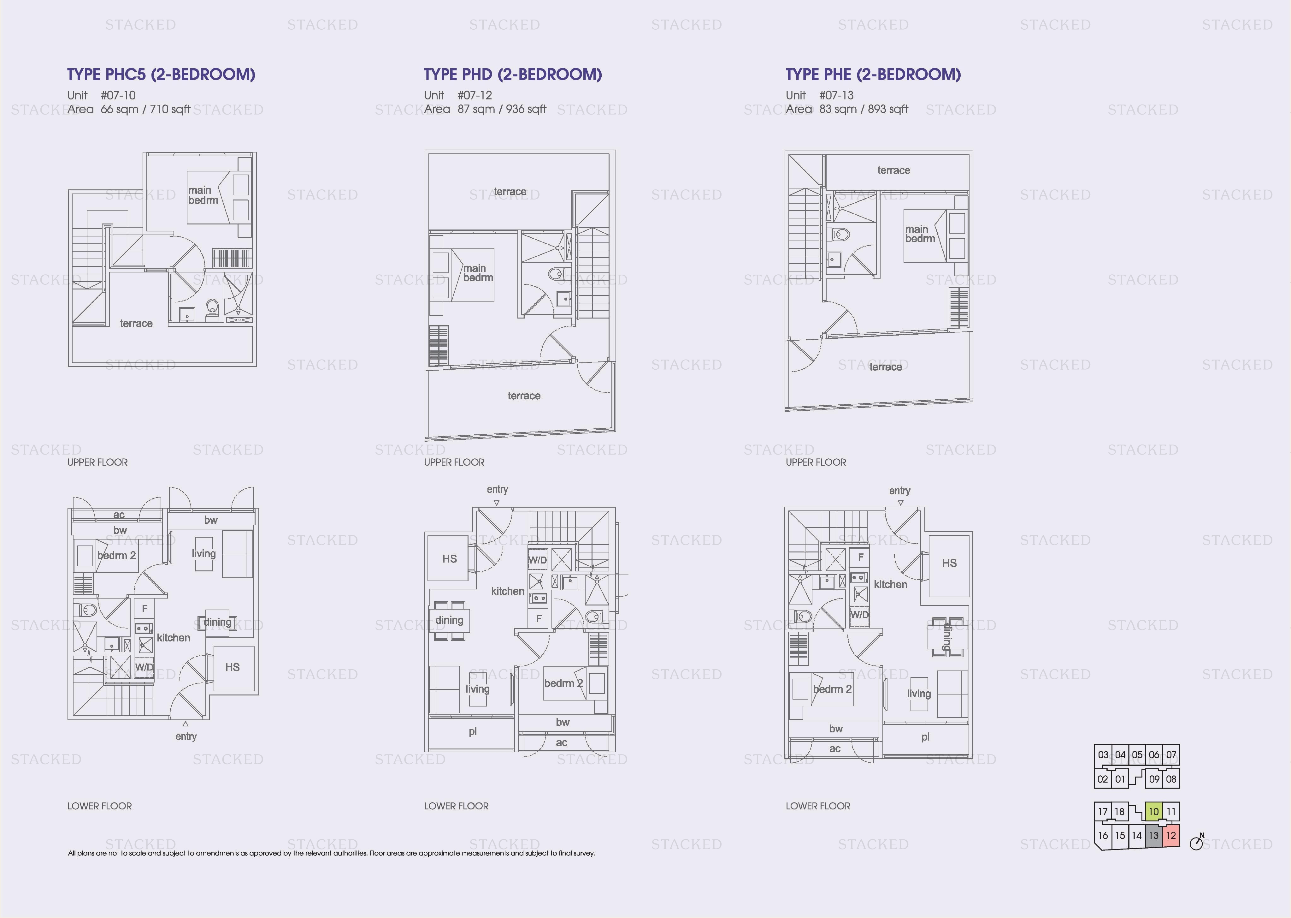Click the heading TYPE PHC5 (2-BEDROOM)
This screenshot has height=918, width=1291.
[x=161, y=75]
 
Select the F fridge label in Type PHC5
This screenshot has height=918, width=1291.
[x=144, y=609]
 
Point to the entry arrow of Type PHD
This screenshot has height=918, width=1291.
[x=497, y=503]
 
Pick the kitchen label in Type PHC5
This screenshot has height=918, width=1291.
[x=174, y=638]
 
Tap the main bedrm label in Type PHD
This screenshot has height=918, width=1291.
[x=478, y=273]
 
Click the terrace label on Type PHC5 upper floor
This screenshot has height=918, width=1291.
[x=136, y=323]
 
